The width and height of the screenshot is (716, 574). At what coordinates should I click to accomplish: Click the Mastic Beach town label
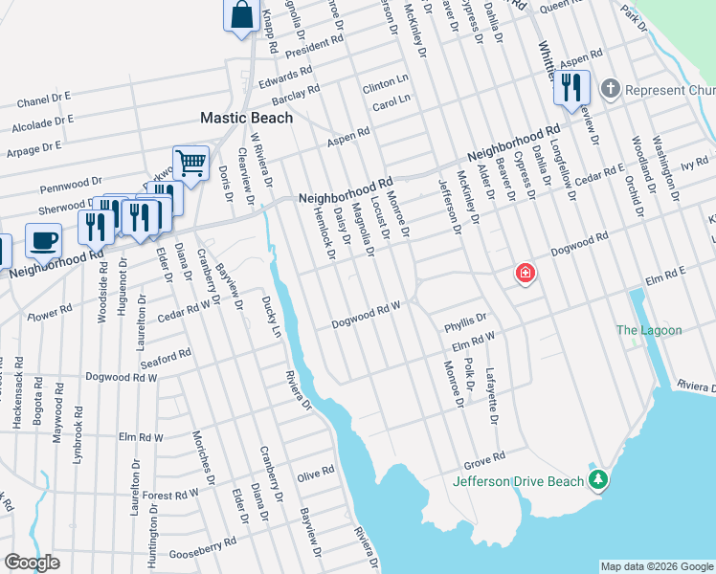point(246,118)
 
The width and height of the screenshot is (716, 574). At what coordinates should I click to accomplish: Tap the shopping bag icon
point(242,15)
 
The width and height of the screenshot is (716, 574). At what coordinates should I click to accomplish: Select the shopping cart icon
point(190,163)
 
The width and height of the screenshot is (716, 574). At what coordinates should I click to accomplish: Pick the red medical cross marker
point(525,275)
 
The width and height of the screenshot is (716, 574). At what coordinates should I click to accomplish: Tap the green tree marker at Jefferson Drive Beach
point(598,478)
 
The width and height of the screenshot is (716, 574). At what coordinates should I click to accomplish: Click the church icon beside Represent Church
point(610,90)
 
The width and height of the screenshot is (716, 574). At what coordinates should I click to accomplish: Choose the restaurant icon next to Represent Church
point(571,87)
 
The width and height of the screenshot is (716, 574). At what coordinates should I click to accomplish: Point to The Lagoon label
point(649,330)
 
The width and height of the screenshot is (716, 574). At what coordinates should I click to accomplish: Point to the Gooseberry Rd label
point(202,549)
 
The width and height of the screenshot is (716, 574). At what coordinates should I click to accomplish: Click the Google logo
point(32,563)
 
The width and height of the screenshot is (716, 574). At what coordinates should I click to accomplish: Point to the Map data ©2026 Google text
point(656,566)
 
